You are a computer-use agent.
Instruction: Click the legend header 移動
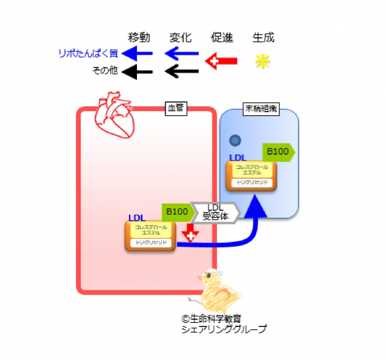tap(139, 37)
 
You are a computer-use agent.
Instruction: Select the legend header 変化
tap(180, 37)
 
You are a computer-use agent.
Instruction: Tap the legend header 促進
tap(222, 37)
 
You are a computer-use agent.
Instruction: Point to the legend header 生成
tap(262, 37)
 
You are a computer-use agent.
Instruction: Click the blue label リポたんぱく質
tap(88, 53)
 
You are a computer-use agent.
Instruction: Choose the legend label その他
tap(104, 71)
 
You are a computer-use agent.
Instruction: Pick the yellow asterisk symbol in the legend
tap(262, 62)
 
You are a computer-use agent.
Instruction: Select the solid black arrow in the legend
tap(137, 71)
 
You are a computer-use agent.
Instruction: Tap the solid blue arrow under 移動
tap(137, 54)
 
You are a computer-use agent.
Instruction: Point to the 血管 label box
tap(175, 109)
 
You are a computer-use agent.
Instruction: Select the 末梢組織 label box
tap(259, 109)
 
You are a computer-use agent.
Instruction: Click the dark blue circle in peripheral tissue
tap(235, 140)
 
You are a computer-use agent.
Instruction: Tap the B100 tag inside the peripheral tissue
tap(279, 152)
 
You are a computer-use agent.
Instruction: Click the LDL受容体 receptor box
tap(215, 212)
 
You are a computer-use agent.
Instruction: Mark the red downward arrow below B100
tap(190, 232)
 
